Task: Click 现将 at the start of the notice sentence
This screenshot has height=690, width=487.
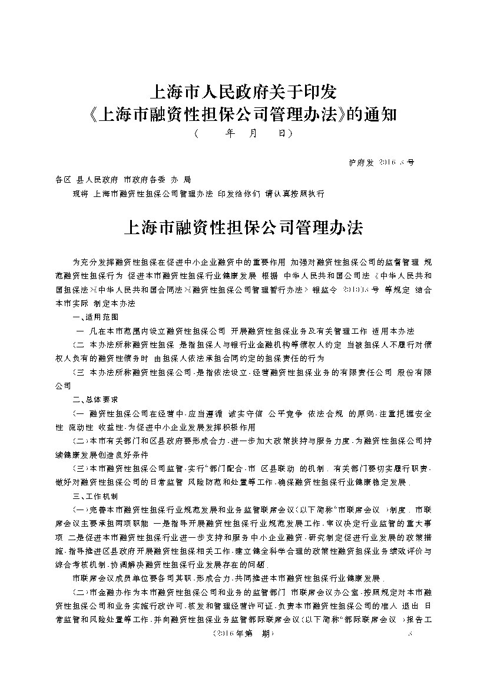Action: click(78, 193)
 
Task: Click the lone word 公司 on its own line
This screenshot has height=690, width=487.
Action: click(63, 385)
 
